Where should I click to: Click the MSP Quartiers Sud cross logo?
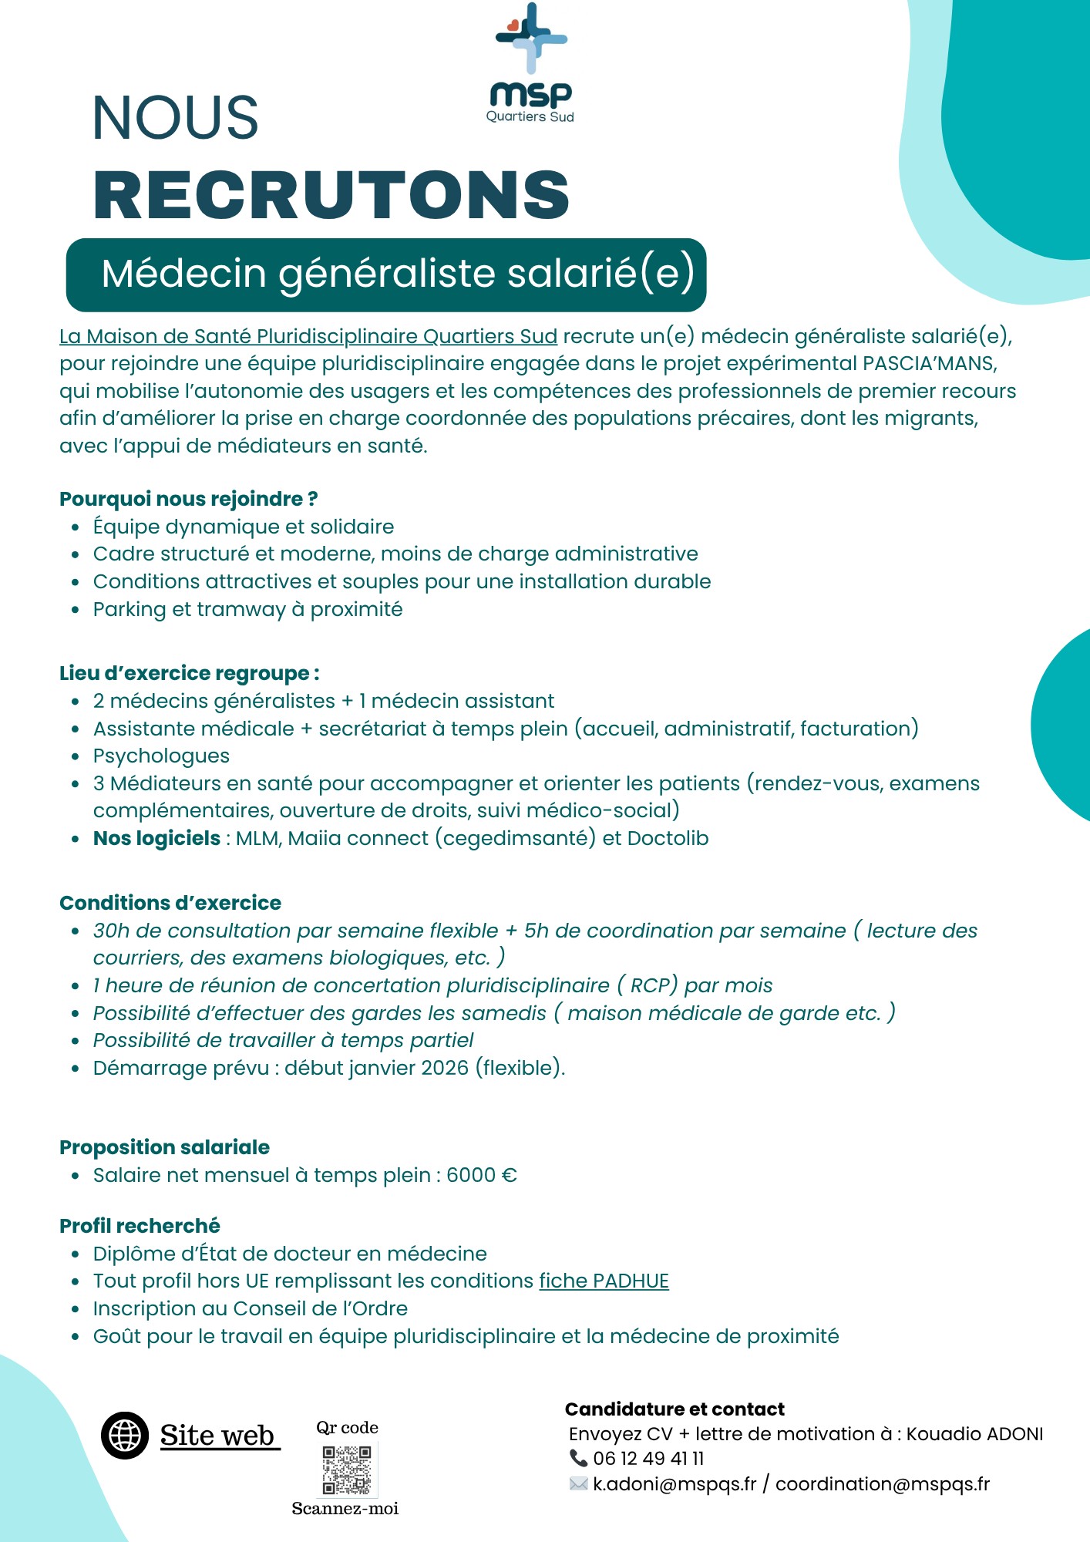pos(531,38)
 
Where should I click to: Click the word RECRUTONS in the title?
pos(331,195)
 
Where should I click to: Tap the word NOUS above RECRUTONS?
pos(176,119)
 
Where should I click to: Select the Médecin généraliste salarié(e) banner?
pos(386,274)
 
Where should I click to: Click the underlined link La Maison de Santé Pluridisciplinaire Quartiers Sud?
pos(308,337)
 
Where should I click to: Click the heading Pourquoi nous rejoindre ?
pos(188,500)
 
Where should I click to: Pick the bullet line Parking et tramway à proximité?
pos(247,610)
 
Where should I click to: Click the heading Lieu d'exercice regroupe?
pos(189,674)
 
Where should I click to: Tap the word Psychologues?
pos(161,756)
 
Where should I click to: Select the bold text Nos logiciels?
pos(156,839)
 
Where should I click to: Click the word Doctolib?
pos(668,839)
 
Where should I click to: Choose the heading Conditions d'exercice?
pos(170,904)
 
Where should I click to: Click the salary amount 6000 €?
pos(482,1176)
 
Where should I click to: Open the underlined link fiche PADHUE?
pos(604,1281)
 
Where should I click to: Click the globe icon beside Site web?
pos(125,1436)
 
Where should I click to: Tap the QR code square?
pos(347,1470)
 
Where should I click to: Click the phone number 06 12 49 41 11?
pos(648,1459)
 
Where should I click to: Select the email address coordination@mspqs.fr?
pos(882,1484)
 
